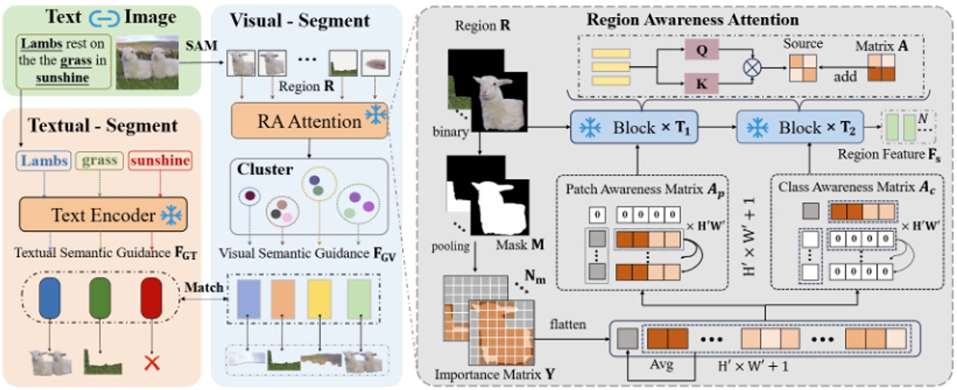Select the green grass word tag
click(100, 161)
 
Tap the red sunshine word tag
click(158, 161)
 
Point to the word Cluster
click(263, 170)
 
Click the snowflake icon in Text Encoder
click(171, 215)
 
